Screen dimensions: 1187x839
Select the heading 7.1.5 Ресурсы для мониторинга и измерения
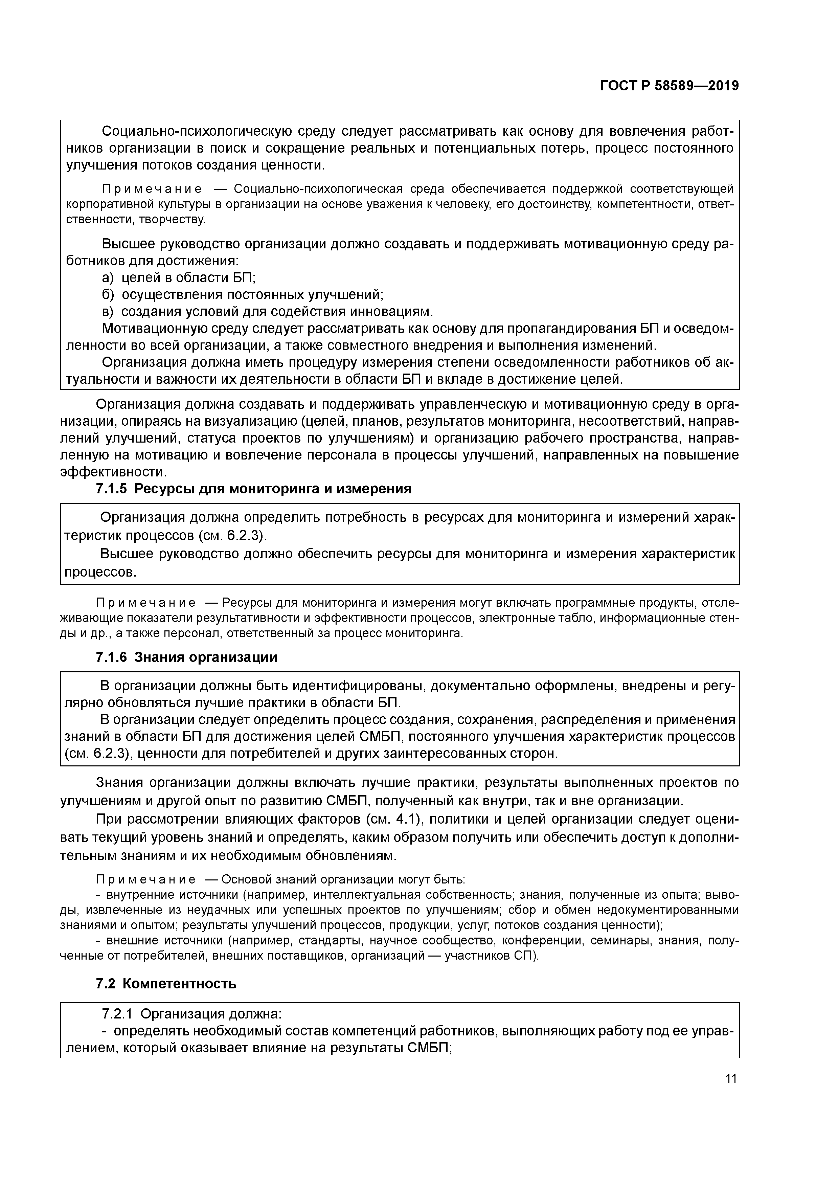(x=254, y=489)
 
